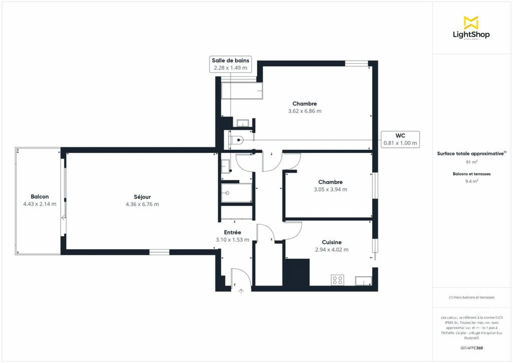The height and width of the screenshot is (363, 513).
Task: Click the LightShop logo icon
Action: tap(471, 23)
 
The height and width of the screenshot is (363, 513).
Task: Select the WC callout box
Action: tap(400, 139)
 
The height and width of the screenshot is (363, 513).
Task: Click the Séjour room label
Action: tap(142, 197)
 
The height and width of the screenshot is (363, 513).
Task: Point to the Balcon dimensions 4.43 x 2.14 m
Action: tap(40, 204)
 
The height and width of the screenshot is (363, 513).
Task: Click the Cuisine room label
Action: tap(332, 242)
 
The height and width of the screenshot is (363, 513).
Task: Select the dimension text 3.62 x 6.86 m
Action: tap(304, 111)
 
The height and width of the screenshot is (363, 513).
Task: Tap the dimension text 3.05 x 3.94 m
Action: tap(330, 190)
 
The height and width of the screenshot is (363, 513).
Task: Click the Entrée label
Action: tap(232, 232)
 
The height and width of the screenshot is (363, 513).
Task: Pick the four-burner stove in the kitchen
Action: tap(337, 280)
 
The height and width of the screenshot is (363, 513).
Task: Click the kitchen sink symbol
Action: tap(364, 281)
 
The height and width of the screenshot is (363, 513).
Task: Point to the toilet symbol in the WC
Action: tap(237, 140)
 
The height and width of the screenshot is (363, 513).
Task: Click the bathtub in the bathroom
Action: tap(242, 91)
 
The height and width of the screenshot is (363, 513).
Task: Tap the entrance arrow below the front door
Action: tap(241, 291)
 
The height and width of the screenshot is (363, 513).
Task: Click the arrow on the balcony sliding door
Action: tap(63, 218)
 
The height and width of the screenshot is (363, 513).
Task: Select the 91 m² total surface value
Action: tap(471, 162)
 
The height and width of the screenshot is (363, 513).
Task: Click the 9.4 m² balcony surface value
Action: tap(471, 181)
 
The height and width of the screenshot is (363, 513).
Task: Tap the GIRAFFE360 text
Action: tap(471, 348)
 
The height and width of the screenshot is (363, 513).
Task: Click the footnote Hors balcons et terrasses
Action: tap(471, 297)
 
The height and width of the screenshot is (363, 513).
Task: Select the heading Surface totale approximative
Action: tap(471, 154)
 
